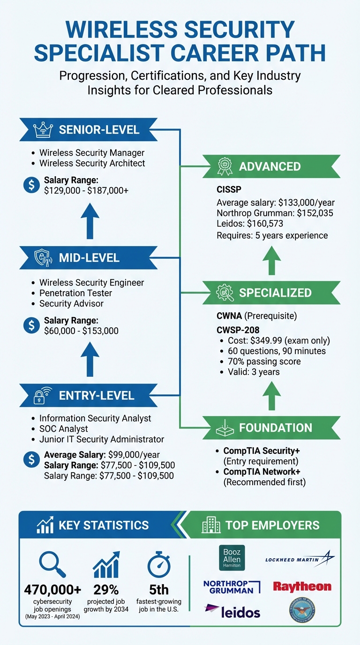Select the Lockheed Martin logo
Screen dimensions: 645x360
300,559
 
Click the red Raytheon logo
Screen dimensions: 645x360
302,586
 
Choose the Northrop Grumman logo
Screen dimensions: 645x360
232,586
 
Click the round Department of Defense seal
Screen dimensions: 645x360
302,609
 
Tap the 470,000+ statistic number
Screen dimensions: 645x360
52,589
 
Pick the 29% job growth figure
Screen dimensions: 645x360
106,589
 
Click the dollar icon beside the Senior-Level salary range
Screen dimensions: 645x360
31,184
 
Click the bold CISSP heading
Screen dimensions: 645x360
229,191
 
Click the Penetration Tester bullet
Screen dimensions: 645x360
75,293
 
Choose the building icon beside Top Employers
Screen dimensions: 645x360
211,525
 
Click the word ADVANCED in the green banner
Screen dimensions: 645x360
270,166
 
